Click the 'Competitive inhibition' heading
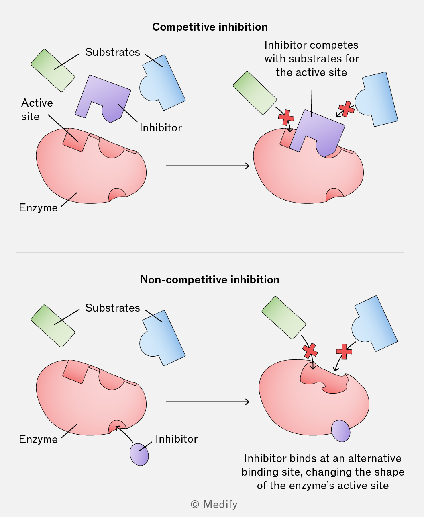210,27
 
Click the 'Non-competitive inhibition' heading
210,280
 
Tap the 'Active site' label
37,110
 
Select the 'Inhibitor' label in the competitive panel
161,128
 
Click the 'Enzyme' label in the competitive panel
38,208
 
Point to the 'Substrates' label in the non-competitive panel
112,308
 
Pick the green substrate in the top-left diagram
53,70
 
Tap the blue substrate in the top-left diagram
163,82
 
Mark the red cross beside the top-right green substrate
286,117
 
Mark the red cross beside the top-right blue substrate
347,109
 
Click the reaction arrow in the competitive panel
208,166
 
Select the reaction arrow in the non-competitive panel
208,402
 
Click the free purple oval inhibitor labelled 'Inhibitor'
139,454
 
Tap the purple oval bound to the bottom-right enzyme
340,431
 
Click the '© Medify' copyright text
214,505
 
